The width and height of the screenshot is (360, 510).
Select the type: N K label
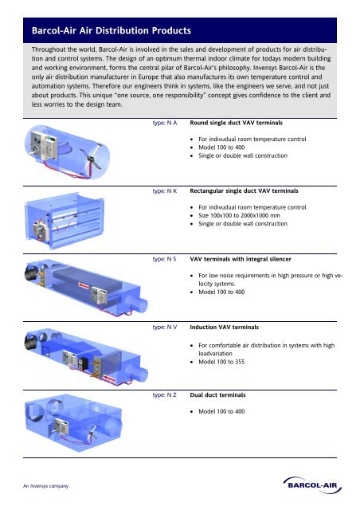point(164,192)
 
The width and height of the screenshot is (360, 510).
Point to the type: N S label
point(164,259)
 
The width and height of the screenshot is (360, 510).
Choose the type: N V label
point(164,327)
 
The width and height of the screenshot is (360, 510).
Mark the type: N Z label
point(164,394)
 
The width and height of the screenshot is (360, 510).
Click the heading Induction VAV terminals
point(227,327)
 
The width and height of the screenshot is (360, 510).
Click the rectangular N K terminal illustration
point(76,219)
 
